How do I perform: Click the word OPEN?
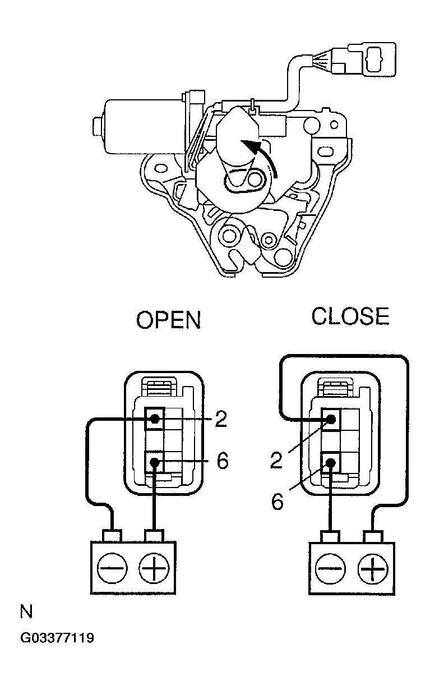coord(168,320)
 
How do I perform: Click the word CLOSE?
coord(350,316)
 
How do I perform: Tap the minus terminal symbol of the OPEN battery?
coord(112,568)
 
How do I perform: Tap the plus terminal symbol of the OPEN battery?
coord(154,568)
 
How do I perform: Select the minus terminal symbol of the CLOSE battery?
coord(330,569)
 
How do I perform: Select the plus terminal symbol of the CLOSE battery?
coord(372,569)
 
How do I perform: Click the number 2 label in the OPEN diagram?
coord(221,419)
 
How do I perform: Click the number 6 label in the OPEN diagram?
coord(223,461)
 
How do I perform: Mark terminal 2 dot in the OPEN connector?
coord(155,419)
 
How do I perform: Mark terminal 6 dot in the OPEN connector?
coord(155,462)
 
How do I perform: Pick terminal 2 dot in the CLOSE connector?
coord(331,419)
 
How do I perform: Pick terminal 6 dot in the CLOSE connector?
coord(330,462)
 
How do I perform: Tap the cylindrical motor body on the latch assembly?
coord(144,126)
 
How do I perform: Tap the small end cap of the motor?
coord(98,126)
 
